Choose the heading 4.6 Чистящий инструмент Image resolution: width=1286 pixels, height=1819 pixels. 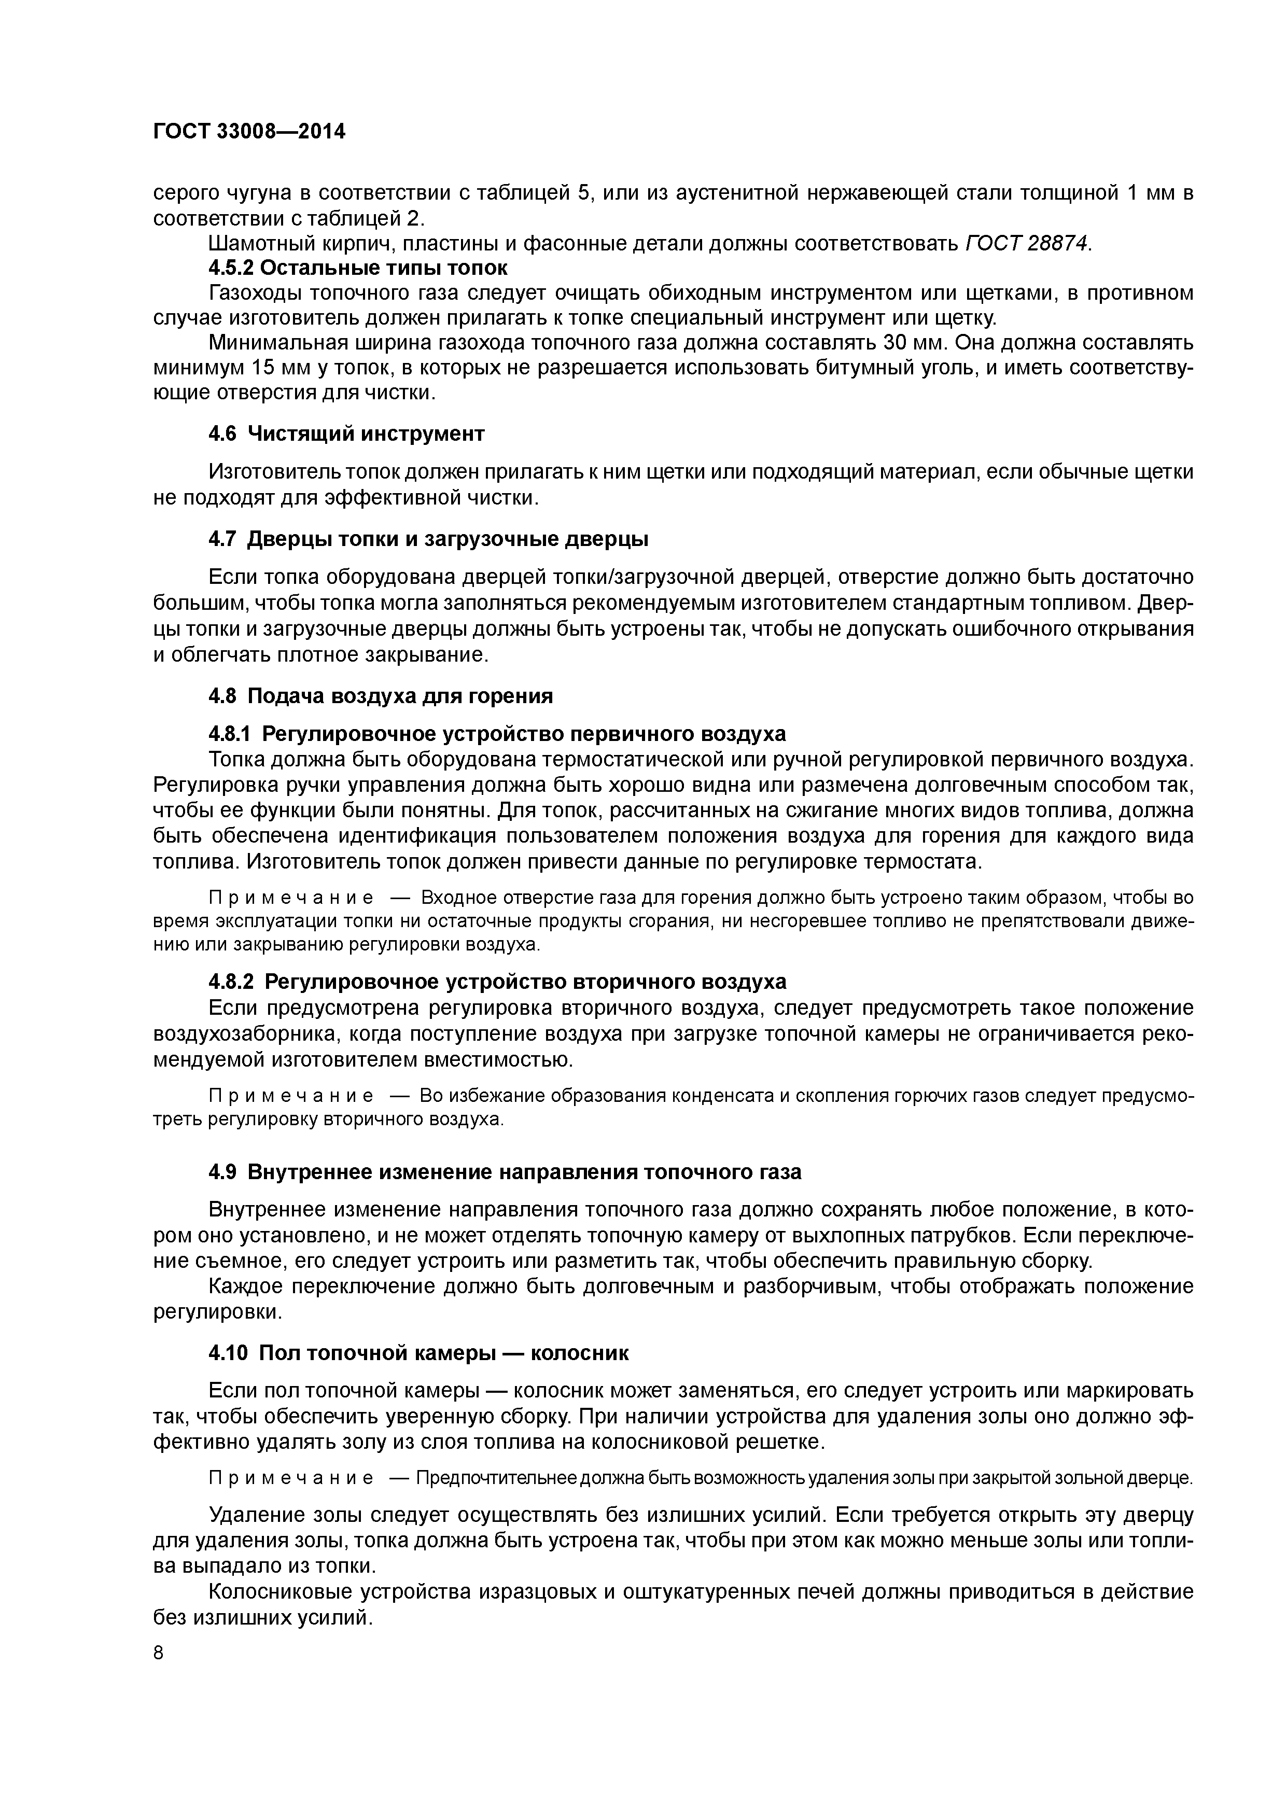346,434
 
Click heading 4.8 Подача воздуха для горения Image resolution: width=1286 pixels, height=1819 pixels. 380,696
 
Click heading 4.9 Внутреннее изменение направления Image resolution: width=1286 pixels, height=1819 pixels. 505,1172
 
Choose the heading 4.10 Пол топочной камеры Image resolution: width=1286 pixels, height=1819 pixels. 418,1353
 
